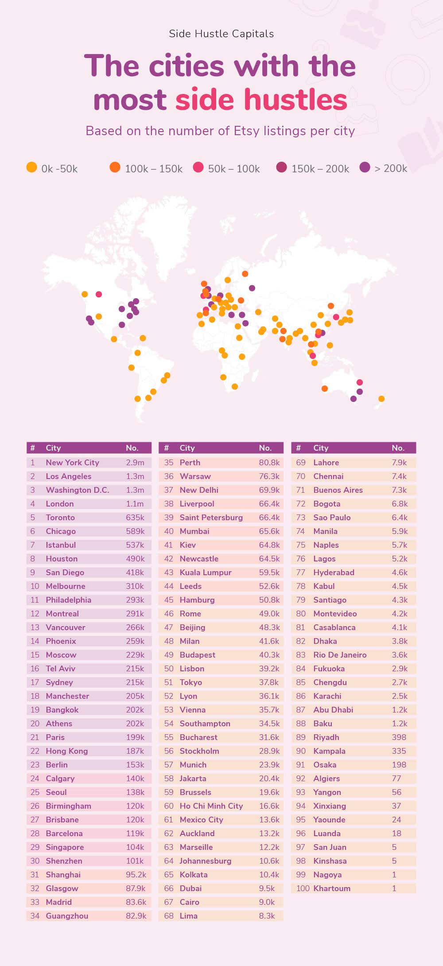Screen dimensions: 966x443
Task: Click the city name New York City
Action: click(72, 462)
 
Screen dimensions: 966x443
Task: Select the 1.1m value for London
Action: click(135, 503)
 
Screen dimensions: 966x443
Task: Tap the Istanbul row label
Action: click(61, 545)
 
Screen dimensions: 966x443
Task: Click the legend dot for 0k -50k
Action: click(31, 167)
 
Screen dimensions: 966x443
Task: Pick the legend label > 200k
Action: click(391, 168)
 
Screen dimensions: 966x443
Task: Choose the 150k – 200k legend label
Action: click(320, 168)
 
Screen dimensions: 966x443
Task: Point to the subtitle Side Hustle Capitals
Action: click(221, 34)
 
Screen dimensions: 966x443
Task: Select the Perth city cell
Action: click(190, 462)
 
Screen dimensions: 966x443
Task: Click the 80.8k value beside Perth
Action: click(269, 462)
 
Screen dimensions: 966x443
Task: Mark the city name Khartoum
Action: click(332, 888)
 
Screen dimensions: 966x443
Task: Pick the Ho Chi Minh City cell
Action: click(211, 806)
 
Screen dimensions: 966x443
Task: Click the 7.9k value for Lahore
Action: click(399, 462)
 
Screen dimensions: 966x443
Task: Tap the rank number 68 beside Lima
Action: click(169, 915)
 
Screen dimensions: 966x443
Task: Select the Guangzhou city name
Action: click(67, 915)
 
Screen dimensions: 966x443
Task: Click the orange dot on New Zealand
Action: click(381, 399)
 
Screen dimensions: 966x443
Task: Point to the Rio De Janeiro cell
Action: click(340, 654)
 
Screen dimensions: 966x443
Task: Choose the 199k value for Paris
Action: click(135, 737)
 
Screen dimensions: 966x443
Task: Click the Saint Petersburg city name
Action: click(211, 517)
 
